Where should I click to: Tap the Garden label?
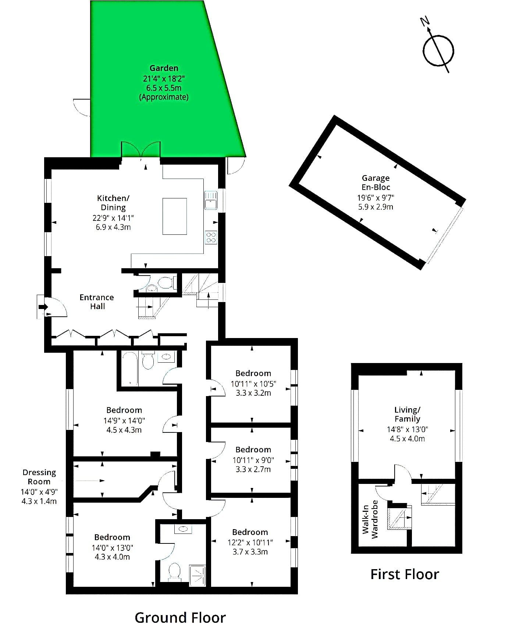pyautogui.click(x=164, y=68)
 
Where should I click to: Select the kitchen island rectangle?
pyautogui.click(x=175, y=216)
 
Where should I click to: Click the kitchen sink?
pyautogui.click(x=211, y=200)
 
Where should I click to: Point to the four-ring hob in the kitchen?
pyautogui.click(x=211, y=237)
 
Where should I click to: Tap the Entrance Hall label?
pyautogui.click(x=97, y=302)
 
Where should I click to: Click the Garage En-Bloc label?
pyautogui.click(x=376, y=183)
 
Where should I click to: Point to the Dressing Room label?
pyautogui.click(x=39, y=477)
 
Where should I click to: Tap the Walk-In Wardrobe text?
pyautogui.click(x=370, y=519)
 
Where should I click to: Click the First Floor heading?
pyautogui.click(x=405, y=574)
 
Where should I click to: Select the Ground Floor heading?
pyautogui.click(x=180, y=617)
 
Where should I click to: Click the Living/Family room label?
pyautogui.click(x=408, y=414)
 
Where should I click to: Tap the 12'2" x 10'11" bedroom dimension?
pyautogui.click(x=250, y=542)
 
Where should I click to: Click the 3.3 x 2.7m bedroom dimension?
pyautogui.click(x=253, y=469)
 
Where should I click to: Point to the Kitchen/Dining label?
pyautogui.click(x=113, y=203)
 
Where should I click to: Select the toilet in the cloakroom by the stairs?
pyautogui.click(x=165, y=283)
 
